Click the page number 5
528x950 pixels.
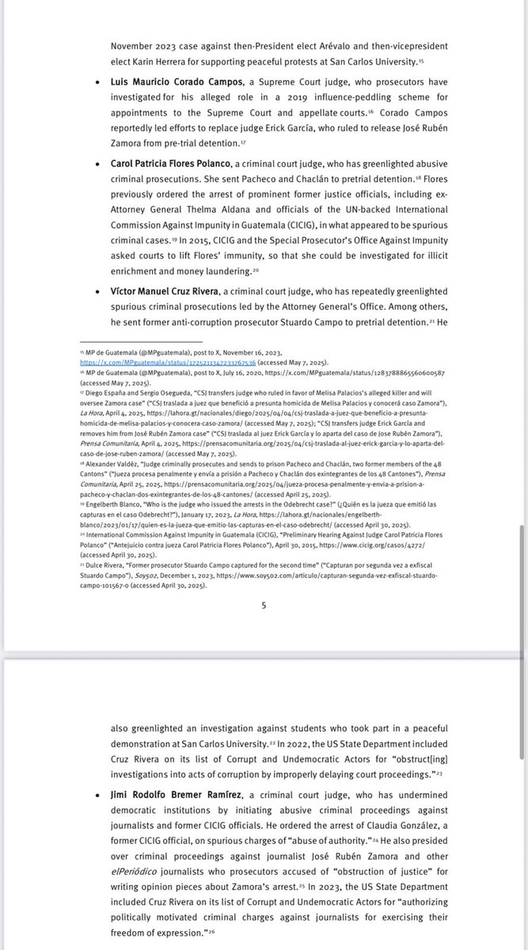click(x=264, y=606)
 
